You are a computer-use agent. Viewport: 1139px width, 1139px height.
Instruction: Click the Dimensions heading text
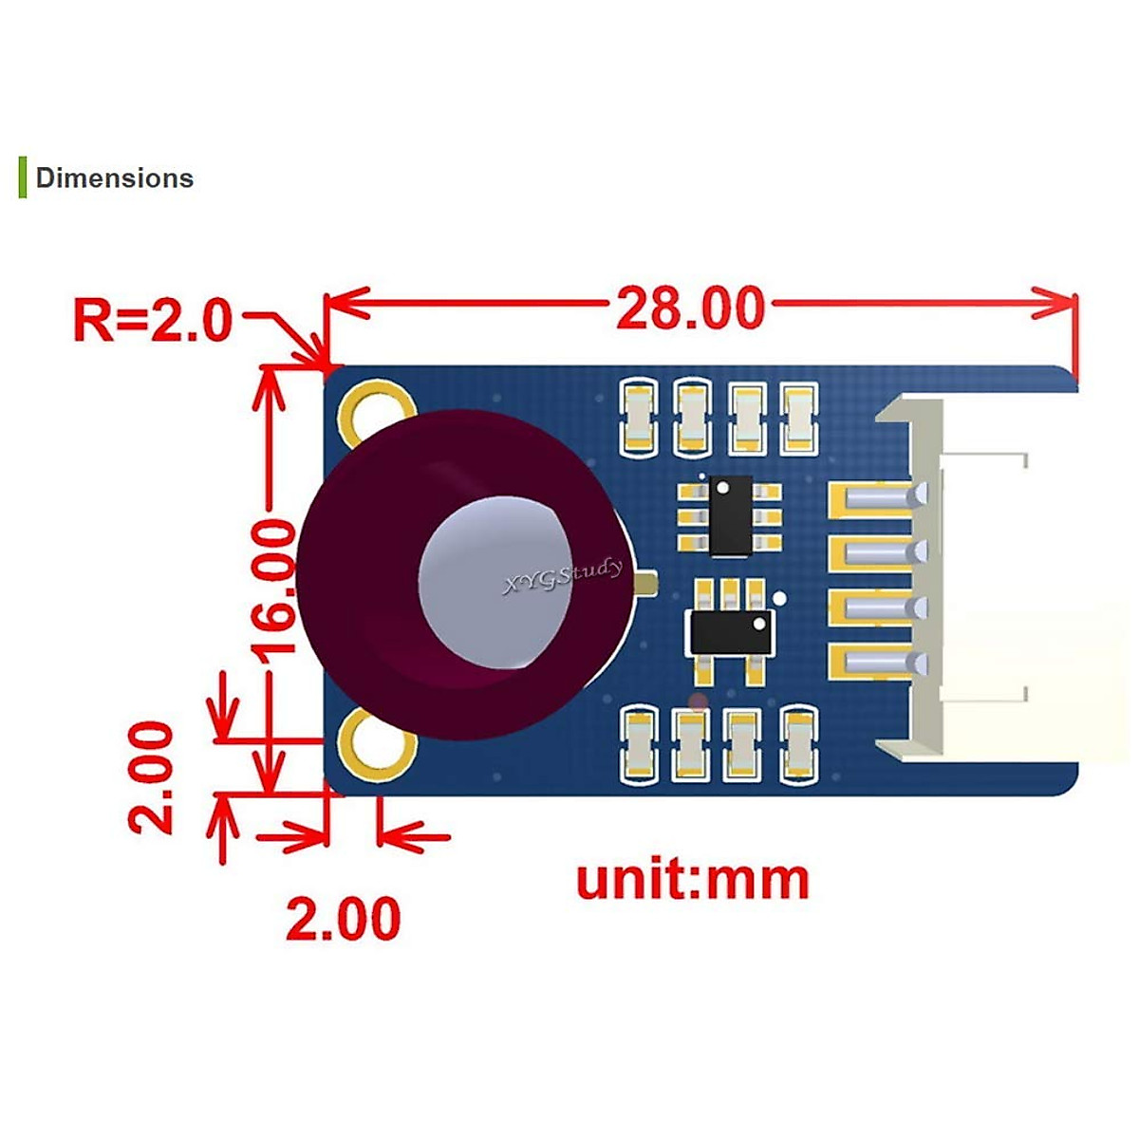pyautogui.click(x=114, y=178)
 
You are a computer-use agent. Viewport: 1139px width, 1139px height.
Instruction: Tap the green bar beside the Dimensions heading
pyautogui.click(x=22, y=178)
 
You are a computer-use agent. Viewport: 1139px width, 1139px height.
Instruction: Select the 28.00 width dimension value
pyautogui.click(x=690, y=308)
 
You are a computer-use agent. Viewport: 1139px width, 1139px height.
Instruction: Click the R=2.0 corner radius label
pyautogui.click(x=152, y=320)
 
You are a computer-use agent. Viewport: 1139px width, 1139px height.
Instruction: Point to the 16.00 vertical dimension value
pyautogui.click(x=274, y=588)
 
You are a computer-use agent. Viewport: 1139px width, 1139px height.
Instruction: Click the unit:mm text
pyautogui.click(x=693, y=880)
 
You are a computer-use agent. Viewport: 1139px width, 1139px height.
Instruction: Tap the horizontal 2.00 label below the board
pyautogui.click(x=344, y=919)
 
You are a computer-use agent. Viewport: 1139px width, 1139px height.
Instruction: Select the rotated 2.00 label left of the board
pyautogui.click(x=152, y=777)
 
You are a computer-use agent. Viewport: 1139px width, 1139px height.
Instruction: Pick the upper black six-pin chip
pyautogui.click(x=730, y=516)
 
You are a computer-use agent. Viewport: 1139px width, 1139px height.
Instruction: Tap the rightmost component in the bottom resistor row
pyautogui.click(x=799, y=744)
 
